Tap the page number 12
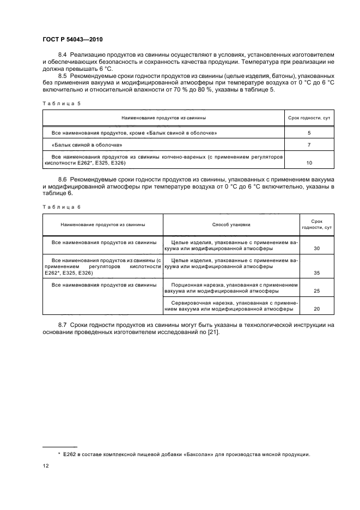46,466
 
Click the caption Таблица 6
60,207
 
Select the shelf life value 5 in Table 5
309,132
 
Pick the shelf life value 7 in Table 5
309,145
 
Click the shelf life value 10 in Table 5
309,162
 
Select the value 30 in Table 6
316,248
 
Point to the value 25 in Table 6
316,291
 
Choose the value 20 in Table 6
316,309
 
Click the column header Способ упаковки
231,224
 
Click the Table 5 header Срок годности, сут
309,118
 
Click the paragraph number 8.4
62,56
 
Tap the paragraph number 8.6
62,179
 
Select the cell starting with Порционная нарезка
231,288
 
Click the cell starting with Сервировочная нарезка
231,306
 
